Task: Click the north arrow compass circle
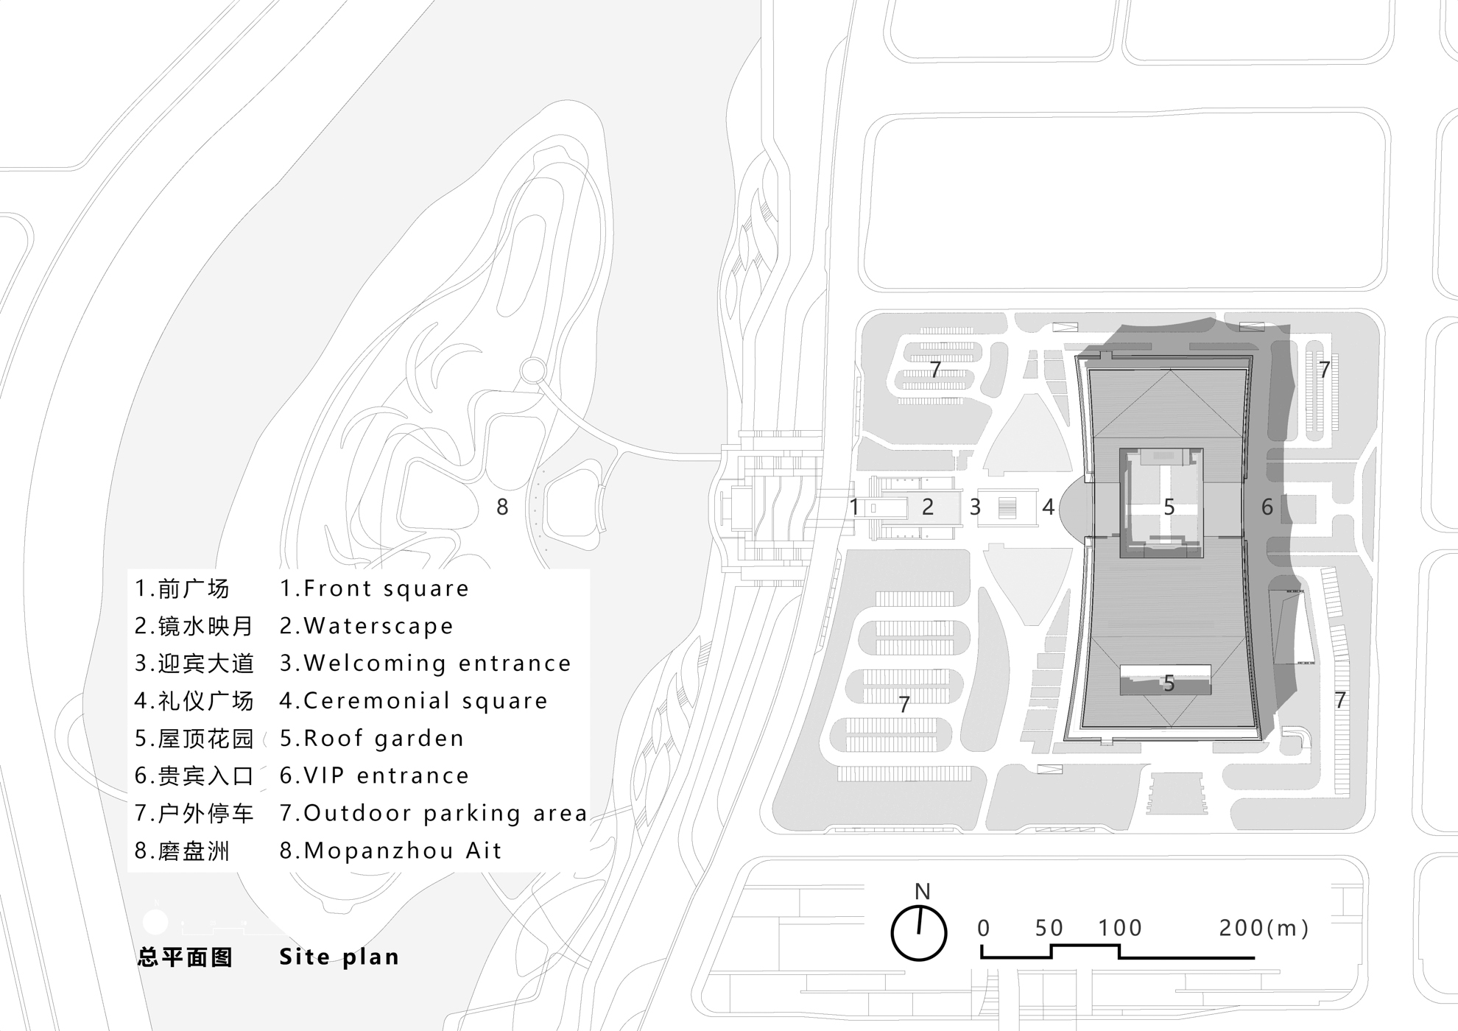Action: (x=918, y=933)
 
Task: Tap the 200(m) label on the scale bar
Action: (x=1264, y=928)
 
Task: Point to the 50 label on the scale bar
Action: (x=1049, y=928)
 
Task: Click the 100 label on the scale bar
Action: (x=1120, y=928)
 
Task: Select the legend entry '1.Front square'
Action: (x=374, y=588)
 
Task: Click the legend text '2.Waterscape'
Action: (x=366, y=626)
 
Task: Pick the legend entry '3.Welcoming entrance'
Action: (x=425, y=664)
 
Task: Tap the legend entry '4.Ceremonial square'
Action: (x=413, y=700)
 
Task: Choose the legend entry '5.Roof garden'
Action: (x=372, y=738)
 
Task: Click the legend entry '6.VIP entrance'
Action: (x=374, y=775)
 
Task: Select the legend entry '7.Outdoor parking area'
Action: (x=433, y=813)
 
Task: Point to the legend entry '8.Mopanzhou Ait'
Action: (x=390, y=851)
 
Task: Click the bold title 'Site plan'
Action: (x=339, y=957)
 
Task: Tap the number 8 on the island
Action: (x=502, y=507)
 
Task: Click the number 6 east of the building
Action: (x=1267, y=507)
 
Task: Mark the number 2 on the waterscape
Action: (x=928, y=507)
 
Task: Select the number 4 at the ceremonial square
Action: (x=1048, y=507)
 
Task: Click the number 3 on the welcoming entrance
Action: (x=975, y=507)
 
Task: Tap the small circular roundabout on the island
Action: (x=533, y=370)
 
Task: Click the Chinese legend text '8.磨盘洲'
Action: (x=183, y=851)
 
